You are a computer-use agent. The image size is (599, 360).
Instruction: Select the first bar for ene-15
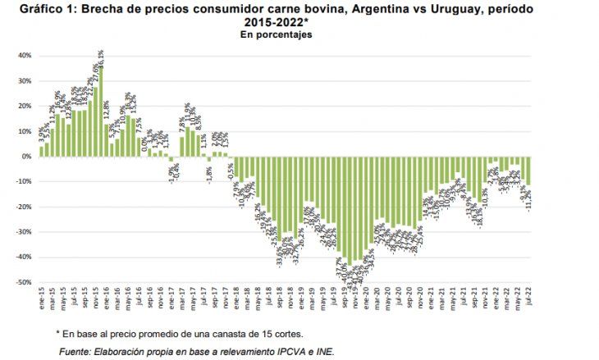click(41, 151)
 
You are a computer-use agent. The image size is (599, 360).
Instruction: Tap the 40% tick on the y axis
click(25, 56)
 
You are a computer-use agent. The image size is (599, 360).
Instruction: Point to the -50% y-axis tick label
click(24, 282)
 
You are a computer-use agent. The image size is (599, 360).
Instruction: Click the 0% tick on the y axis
click(26, 157)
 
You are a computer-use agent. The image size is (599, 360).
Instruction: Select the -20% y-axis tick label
click(24, 207)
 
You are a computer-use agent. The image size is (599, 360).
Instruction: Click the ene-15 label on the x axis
click(41, 295)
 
